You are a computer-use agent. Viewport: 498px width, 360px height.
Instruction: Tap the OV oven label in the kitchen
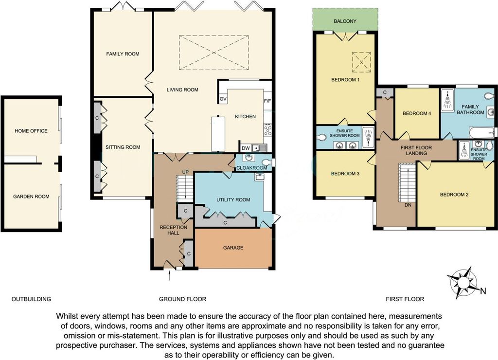pos(223,99)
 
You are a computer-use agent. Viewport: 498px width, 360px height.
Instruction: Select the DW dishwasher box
pos(246,148)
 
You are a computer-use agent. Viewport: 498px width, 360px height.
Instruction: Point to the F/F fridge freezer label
pos(267,101)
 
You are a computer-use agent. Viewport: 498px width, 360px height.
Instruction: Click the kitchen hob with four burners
pos(268,130)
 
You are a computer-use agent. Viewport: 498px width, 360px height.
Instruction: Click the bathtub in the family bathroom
pos(481,132)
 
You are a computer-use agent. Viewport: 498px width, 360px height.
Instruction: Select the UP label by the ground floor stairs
pos(185,172)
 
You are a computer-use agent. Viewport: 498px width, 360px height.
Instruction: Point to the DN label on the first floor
pos(408,205)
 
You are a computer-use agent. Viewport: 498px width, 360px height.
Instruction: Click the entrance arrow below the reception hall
pos(169,275)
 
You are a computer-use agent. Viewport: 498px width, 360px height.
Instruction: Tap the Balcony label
pos(345,21)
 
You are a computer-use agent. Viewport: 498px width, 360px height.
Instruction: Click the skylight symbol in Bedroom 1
pos(361,62)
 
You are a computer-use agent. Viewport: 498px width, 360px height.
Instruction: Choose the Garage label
pos(233,248)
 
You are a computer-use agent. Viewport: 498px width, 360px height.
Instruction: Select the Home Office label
pos(31,131)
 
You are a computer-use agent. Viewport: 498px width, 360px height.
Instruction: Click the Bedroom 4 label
pos(417,113)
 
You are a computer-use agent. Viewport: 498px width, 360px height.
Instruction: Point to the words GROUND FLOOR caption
pos(183,299)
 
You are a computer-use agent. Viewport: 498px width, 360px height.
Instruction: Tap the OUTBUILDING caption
pos(31,299)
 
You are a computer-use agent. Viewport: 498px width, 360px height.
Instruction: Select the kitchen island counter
pos(218,134)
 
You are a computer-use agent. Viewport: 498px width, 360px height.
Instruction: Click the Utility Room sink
pos(260,177)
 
